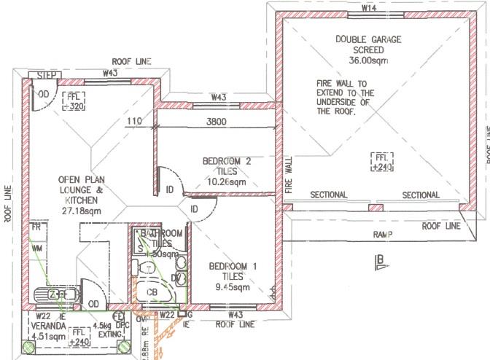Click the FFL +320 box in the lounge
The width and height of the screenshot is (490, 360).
point(74,101)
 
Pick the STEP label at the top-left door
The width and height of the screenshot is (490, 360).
point(38,75)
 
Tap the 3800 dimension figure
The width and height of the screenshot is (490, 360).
point(217,122)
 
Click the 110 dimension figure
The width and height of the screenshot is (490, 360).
point(134,122)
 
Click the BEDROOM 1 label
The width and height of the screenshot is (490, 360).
point(233,267)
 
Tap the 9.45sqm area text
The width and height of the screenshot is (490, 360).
point(232,286)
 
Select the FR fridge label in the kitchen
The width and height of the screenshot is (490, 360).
point(36,227)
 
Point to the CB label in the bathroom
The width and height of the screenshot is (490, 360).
point(153,292)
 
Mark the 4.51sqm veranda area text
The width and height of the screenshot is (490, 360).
point(44,337)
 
